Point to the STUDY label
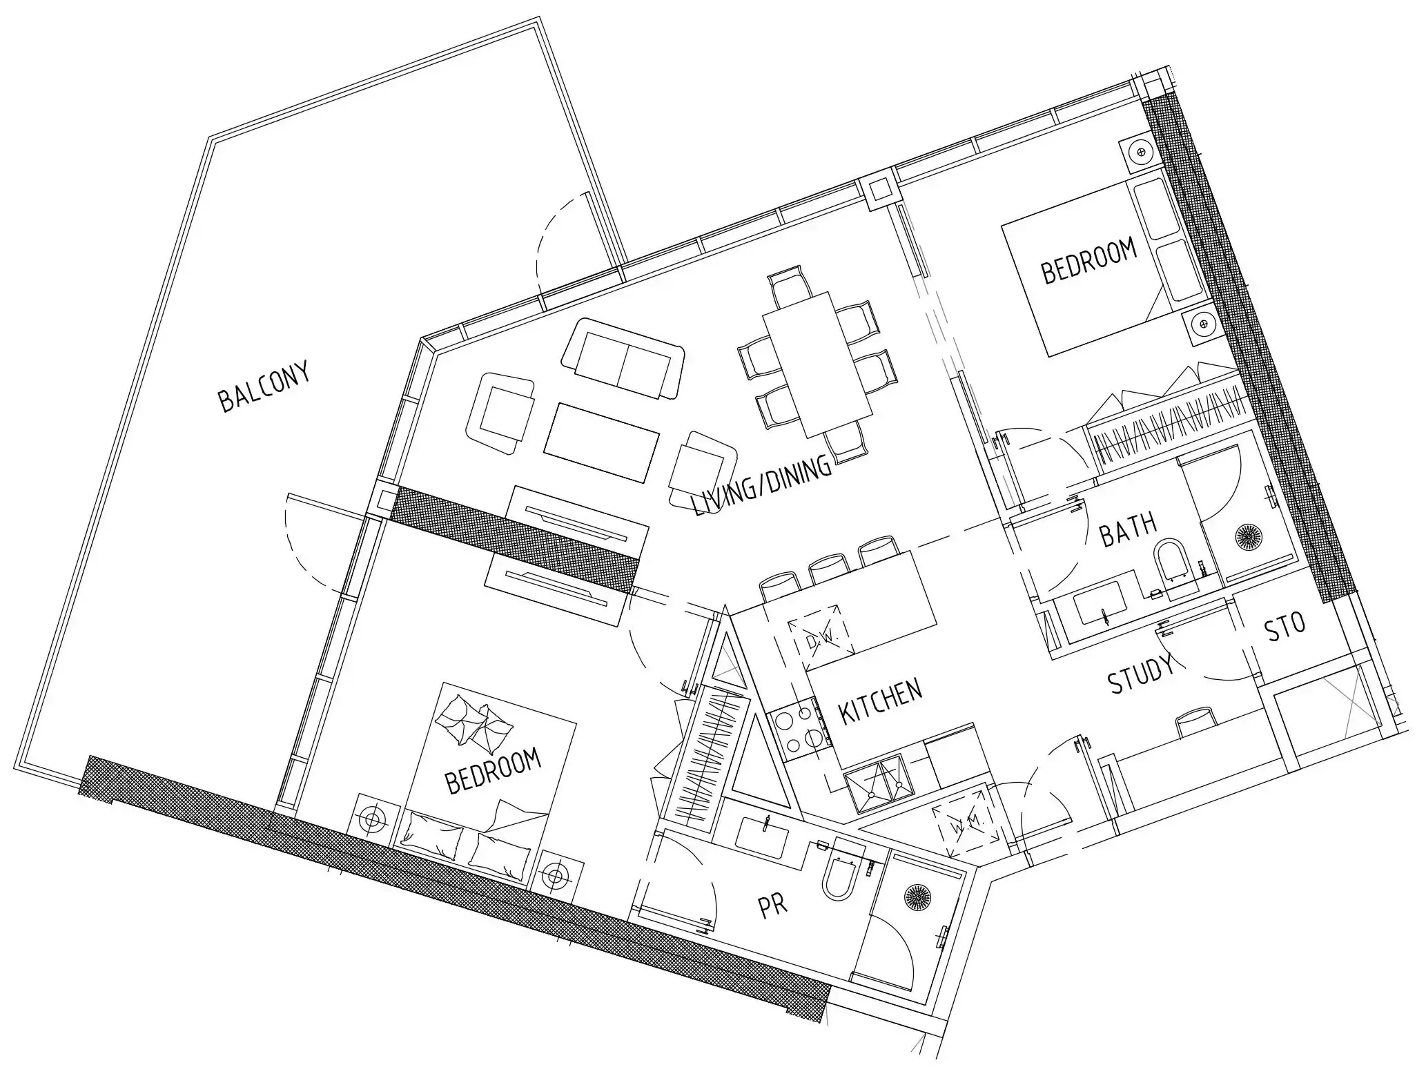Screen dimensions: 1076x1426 pyautogui.click(x=1141, y=674)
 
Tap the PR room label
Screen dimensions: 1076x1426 pyautogui.click(x=773, y=906)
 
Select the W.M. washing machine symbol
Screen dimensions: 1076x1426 pyautogui.click(x=966, y=825)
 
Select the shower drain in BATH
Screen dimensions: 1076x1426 pyautogui.click(x=1248, y=537)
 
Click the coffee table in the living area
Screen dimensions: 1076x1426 pyautogui.click(x=601, y=441)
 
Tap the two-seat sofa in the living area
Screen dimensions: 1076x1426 pyautogui.click(x=623, y=359)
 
